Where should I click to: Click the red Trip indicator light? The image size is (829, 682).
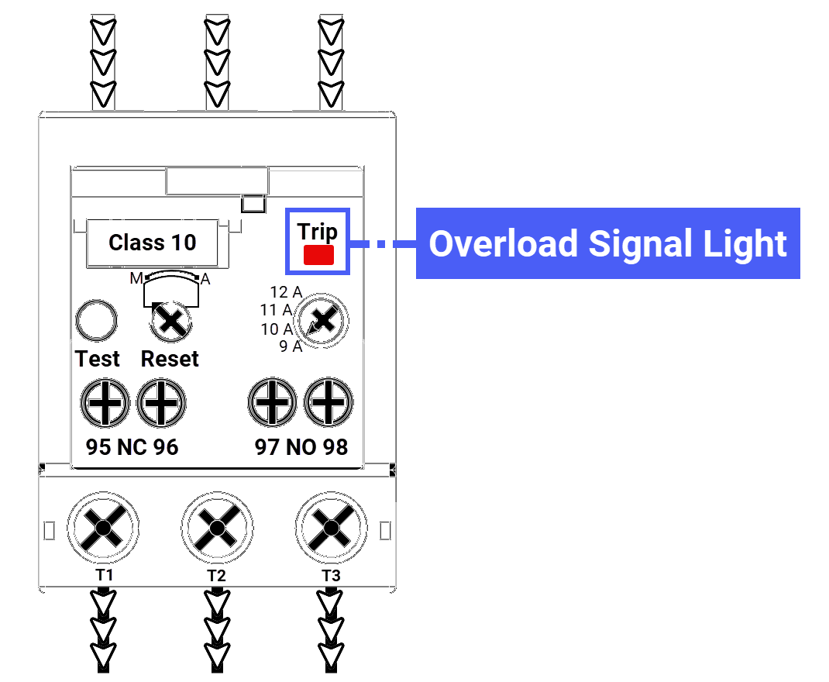(x=318, y=256)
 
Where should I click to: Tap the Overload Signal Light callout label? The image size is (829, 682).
(x=608, y=243)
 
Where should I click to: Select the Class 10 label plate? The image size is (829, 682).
(x=153, y=243)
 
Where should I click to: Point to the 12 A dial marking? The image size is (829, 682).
(x=286, y=292)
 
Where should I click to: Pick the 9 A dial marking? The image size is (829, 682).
(x=291, y=346)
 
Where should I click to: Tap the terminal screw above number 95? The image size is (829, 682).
(x=105, y=403)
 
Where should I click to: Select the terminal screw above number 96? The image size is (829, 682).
(x=161, y=403)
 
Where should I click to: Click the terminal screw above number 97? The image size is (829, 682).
(x=272, y=403)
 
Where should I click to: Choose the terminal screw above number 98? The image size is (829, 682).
(x=329, y=403)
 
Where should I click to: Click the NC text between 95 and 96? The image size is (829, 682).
(x=132, y=447)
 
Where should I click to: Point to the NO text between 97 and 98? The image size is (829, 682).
(x=301, y=447)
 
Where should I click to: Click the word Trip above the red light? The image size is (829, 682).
(x=318, y=232)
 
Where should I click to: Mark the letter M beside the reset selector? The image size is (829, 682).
(x=136, y=278)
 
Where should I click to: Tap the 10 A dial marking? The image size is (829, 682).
(x=277, y=329)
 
